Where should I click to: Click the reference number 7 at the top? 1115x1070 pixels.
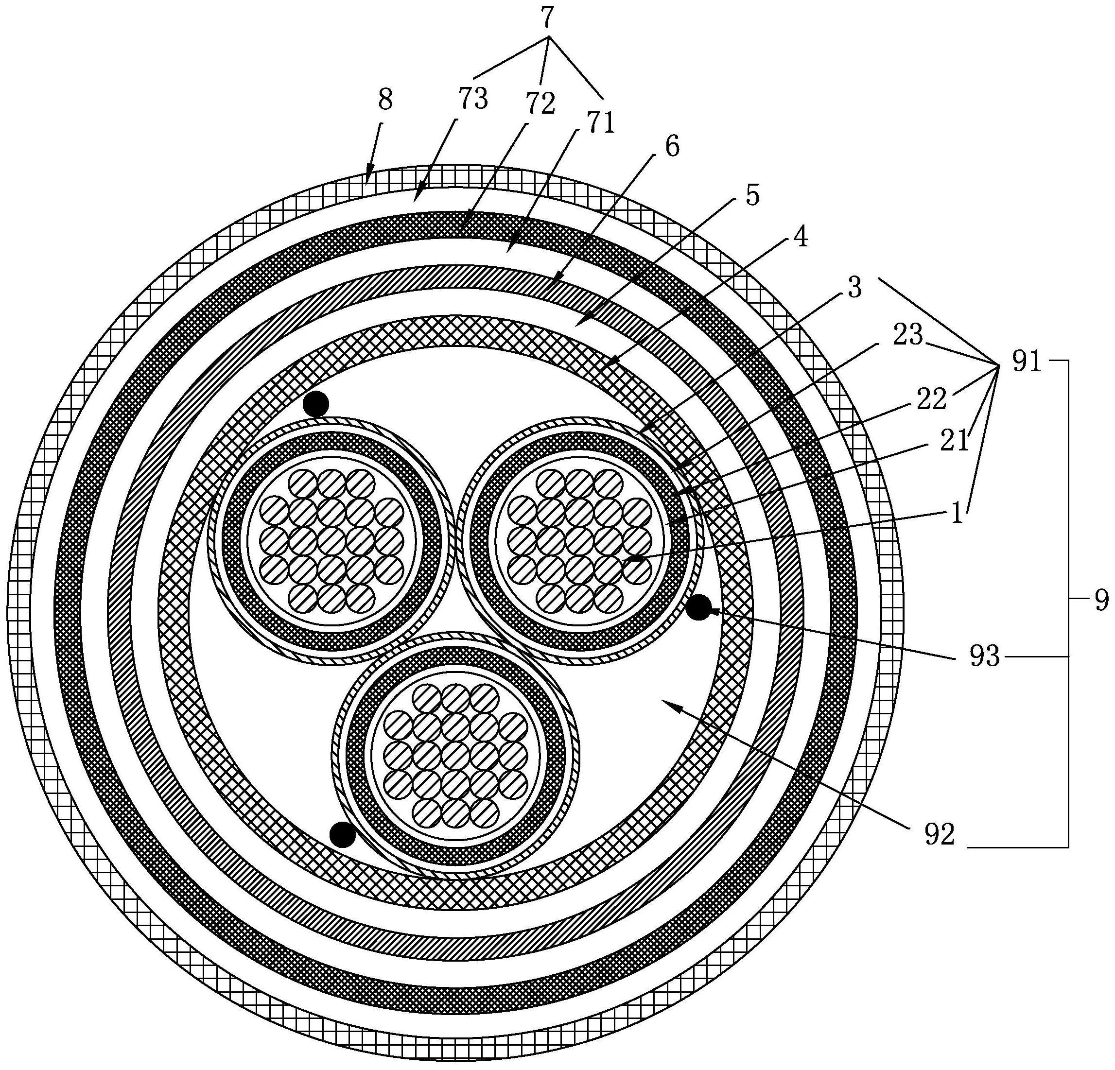(547, 18)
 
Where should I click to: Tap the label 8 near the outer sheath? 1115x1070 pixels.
(385, 100)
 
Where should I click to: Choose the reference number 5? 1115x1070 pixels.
(752, 195)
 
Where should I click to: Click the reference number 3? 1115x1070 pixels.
(854, 288)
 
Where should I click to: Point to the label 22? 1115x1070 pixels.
(931, 400)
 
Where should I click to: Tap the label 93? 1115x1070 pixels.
(985, 657)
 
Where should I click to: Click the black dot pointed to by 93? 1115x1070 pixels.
(698, 607)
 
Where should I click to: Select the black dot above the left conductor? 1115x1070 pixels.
(316, 404)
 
